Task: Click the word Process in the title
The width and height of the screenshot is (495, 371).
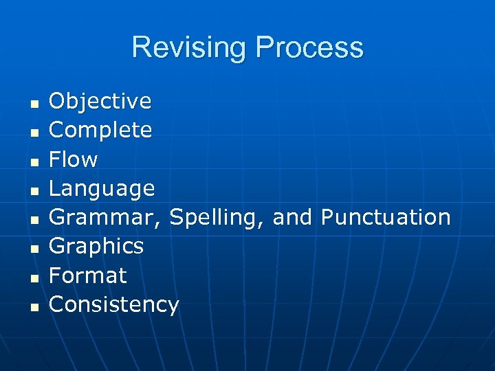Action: [x=309, y=48]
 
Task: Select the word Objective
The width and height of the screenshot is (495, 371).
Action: [x=100, y=101]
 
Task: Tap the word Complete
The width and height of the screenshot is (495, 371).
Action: [x=100, y=130]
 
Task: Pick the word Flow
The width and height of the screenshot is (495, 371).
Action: [x=74, y=159]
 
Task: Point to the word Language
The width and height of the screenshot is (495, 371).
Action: [x=102, y=189]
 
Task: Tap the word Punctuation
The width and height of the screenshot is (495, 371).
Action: [x=386, y=217]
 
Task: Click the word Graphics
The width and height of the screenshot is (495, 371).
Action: [x=96, y=247]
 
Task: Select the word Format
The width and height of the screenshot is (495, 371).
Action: [x=88, y=276]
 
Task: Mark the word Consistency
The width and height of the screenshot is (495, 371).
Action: [x=114, y=304]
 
